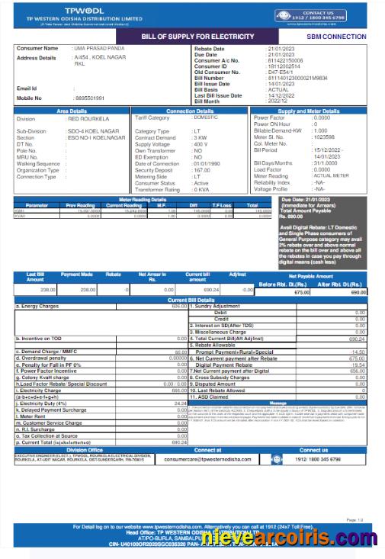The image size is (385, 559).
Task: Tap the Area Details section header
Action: [x=72, y=111]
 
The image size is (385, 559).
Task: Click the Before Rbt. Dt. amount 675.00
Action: [x=304, y=292]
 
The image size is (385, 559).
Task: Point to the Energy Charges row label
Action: [x=38, y=305]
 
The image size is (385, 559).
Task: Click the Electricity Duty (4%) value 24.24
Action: [x=179, y=403]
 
